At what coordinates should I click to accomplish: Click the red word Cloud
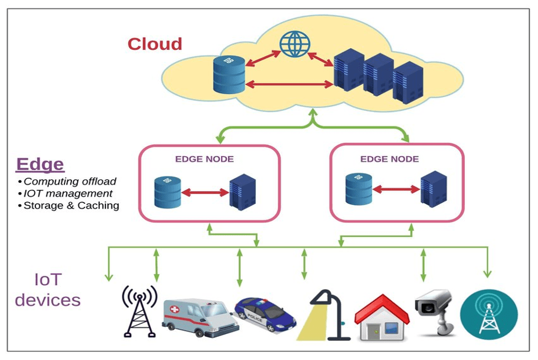tap(154, 44)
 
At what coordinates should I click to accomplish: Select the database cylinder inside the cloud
tap(229, 75)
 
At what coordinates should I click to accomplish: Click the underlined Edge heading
tap(40, 164)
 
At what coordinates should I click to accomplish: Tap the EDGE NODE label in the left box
tap(204, 159)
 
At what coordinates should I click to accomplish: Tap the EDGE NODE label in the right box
tap(389, 159)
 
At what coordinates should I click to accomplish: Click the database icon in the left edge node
tap(168, 193)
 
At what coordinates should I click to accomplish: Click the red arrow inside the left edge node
tap(205, 193)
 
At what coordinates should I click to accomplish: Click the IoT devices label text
tap(47, 290)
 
